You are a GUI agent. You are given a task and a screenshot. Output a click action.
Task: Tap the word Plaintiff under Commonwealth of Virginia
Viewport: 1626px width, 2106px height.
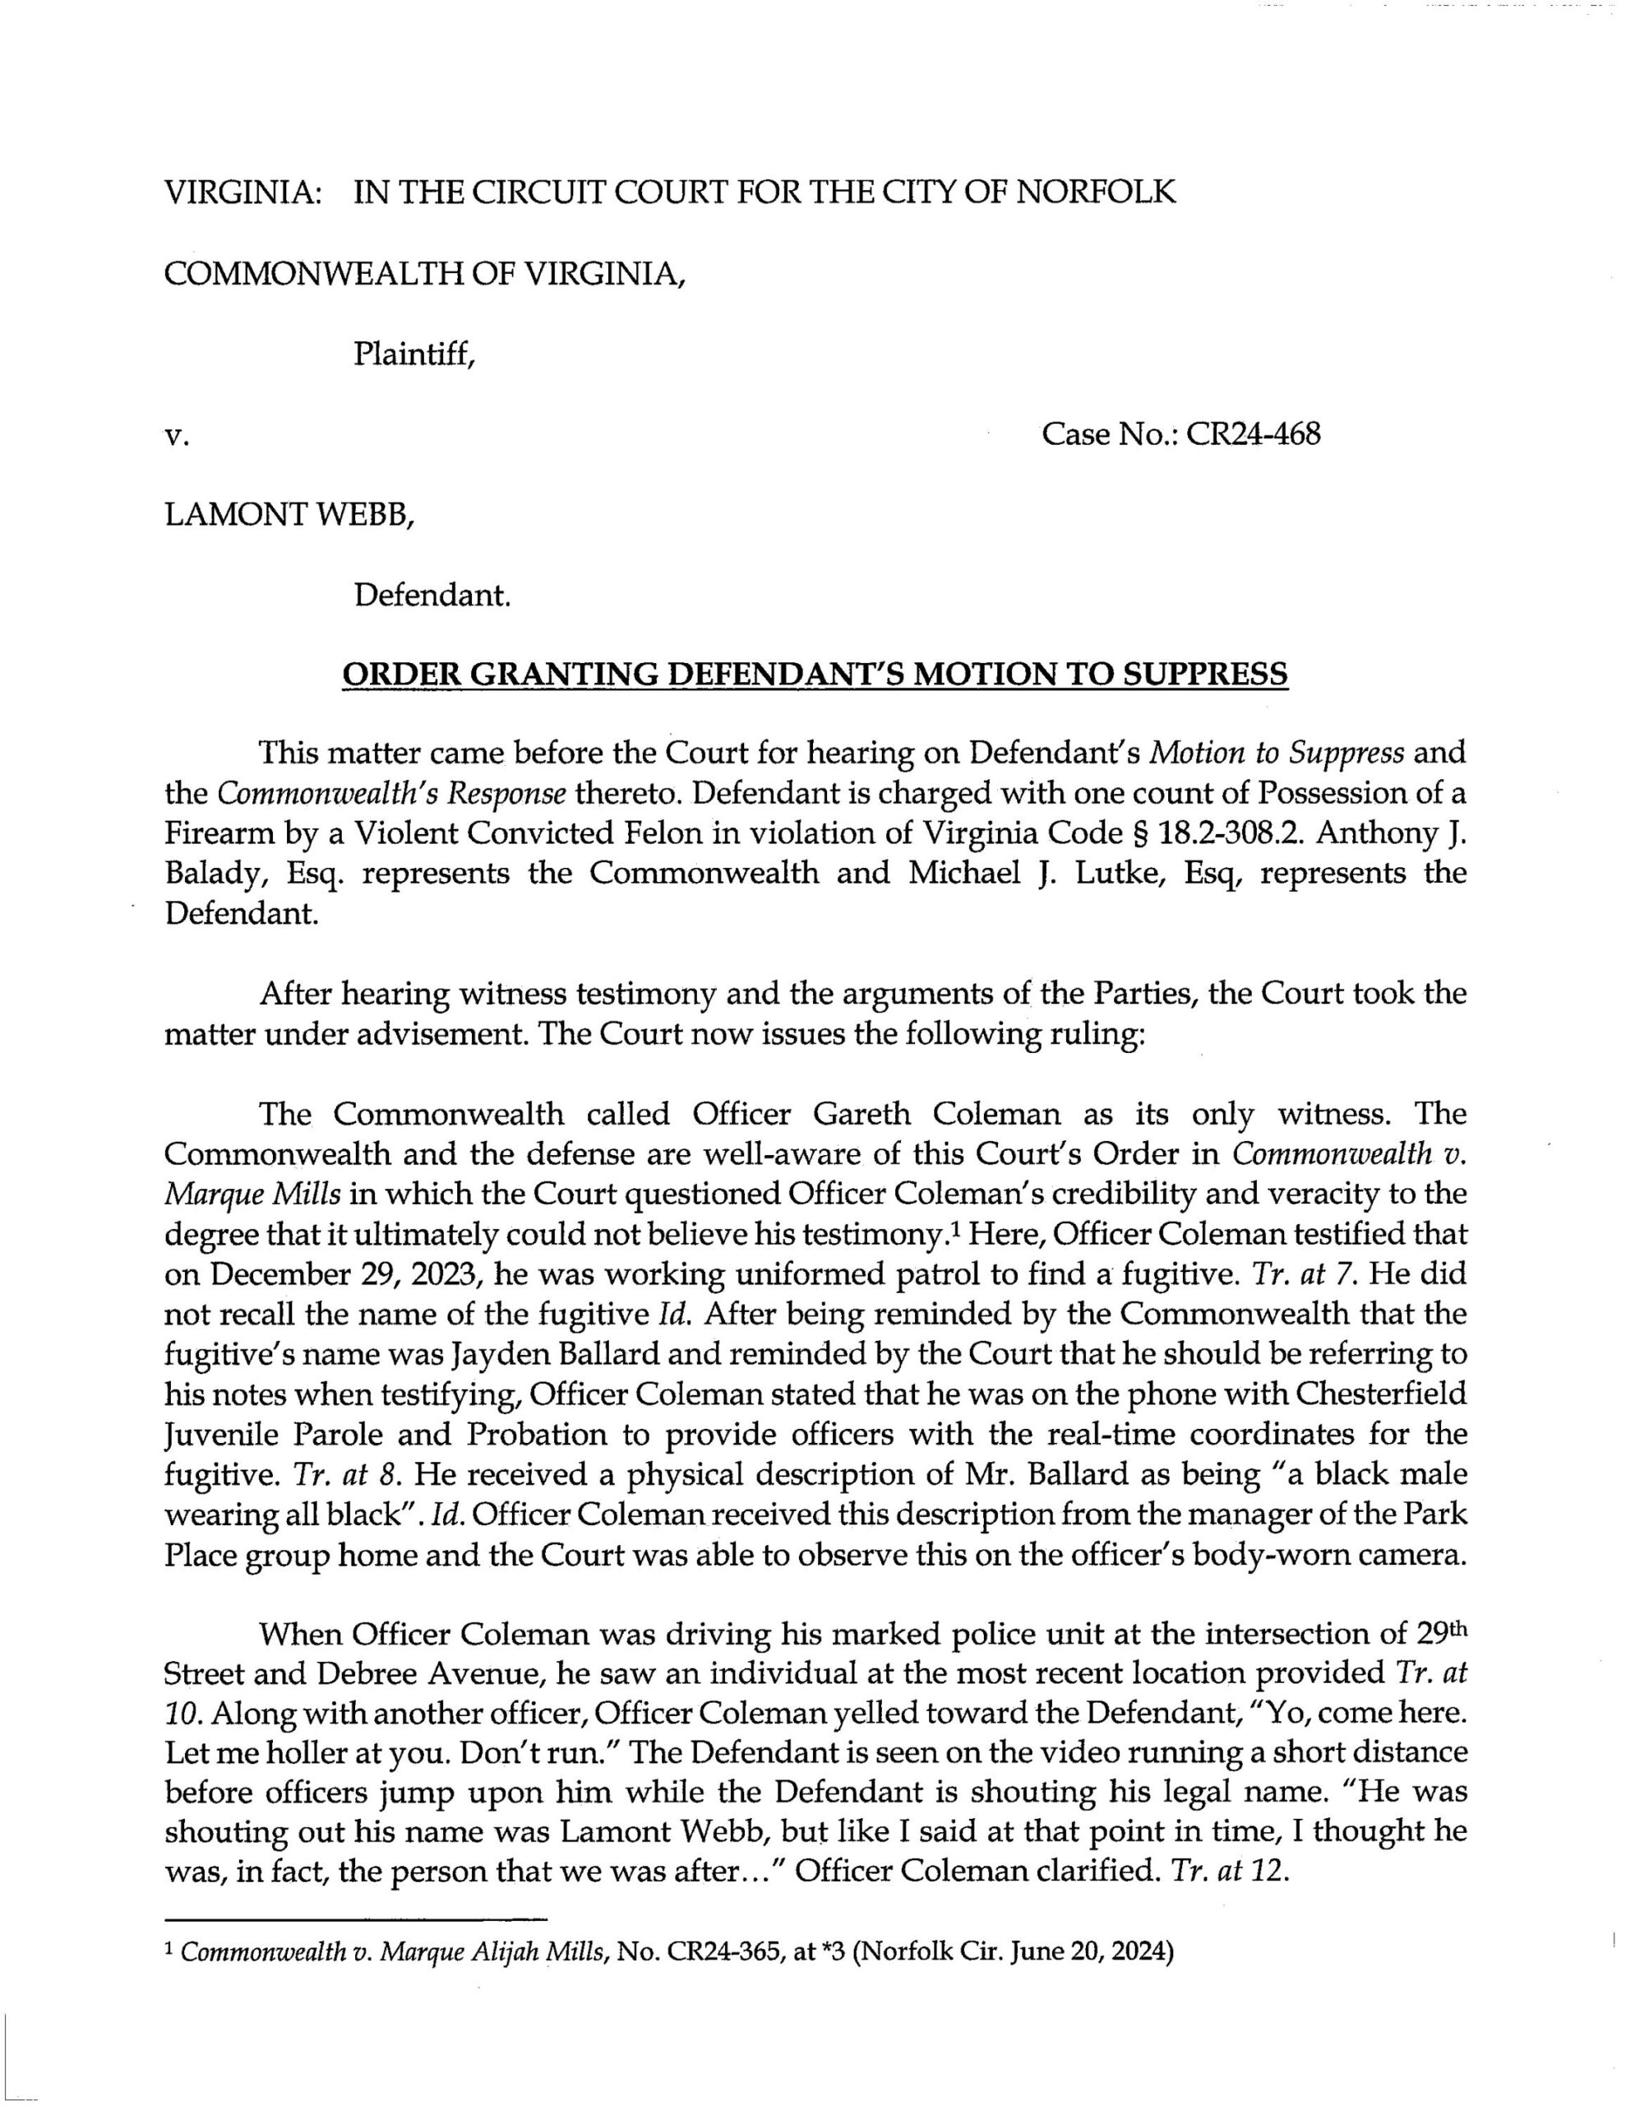(414, 356)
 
